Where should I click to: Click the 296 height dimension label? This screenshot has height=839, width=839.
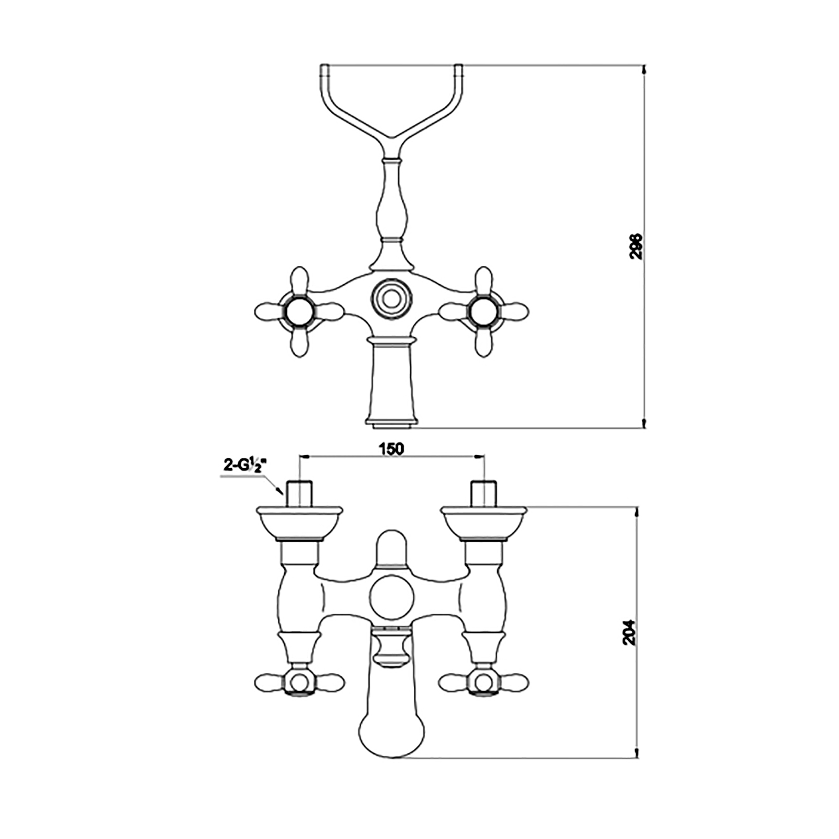(636, 246)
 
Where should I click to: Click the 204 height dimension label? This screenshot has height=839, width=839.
(629, 632)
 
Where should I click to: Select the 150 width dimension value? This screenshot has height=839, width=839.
(391, 449)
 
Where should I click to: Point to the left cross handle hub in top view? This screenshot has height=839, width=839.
(298, 311)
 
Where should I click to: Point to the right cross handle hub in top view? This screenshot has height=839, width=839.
(483, 311)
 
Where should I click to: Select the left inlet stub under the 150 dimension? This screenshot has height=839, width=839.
(299, 493)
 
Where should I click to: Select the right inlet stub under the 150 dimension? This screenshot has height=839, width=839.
(483, 493)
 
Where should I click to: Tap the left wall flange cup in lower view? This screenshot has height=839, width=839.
(299, 523)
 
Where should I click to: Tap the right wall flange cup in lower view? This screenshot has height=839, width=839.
(483, 523)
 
